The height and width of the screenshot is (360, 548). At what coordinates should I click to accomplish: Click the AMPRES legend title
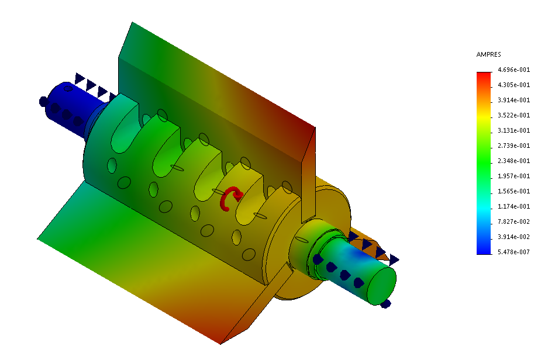point(488,54)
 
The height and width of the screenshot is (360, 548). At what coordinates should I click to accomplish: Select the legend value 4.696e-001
point(513,70)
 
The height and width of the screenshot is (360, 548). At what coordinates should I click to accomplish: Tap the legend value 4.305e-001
point(513,85)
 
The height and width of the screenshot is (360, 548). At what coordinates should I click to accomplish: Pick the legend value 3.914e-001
point(513,100)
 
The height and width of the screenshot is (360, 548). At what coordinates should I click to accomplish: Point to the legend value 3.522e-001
point(513,115)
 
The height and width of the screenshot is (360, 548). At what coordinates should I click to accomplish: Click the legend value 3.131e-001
point(513,130)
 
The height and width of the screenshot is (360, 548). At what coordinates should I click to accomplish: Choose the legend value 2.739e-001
point(513,146)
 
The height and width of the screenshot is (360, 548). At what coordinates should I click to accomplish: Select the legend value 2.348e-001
point(513,161)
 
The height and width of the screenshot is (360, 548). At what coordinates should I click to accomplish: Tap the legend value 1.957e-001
point(513,176)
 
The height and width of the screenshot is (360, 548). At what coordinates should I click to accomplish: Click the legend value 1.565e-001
point(513,191)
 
